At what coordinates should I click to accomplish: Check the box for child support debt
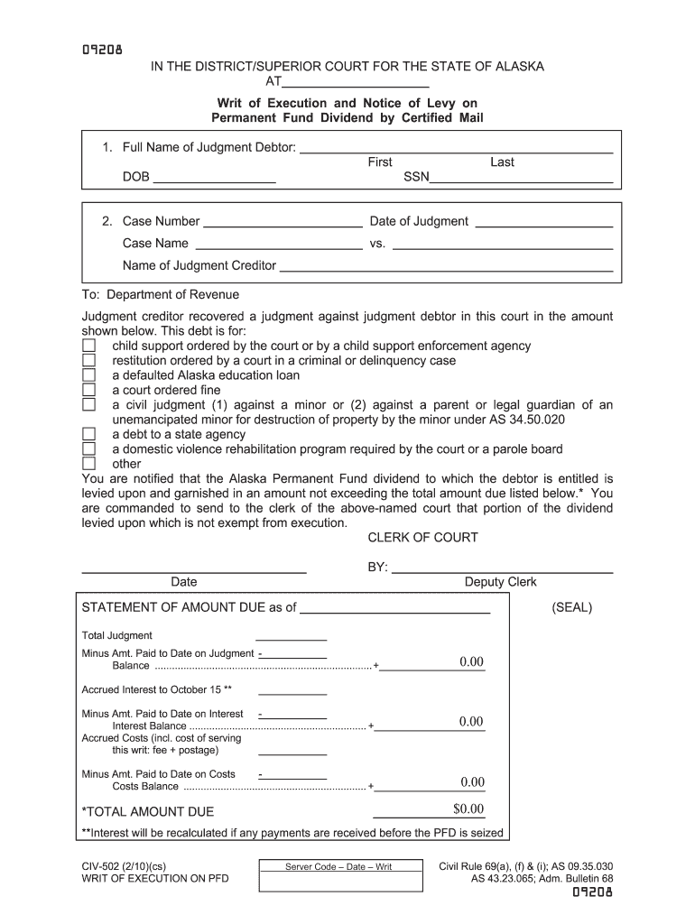pos(88,346)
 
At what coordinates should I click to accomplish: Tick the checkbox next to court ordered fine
pos(88,390)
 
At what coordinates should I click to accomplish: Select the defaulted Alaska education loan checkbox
pos(88,375)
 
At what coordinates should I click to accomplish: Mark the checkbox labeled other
pos(88,464)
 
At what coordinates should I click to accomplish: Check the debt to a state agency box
pos(88,434)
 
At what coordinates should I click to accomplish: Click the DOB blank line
pos(214,177)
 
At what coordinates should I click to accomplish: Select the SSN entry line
pos(521,177)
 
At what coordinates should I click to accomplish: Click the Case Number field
pos(283,221)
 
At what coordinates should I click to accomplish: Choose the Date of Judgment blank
pos(543,221)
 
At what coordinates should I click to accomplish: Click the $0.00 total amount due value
pos(469,808)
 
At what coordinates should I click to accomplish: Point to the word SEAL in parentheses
pos(572,607)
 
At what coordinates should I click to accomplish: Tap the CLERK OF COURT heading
pos(422,538)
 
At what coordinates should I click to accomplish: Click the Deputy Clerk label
pos(500,582)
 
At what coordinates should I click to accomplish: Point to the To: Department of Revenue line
pos(161,295)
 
